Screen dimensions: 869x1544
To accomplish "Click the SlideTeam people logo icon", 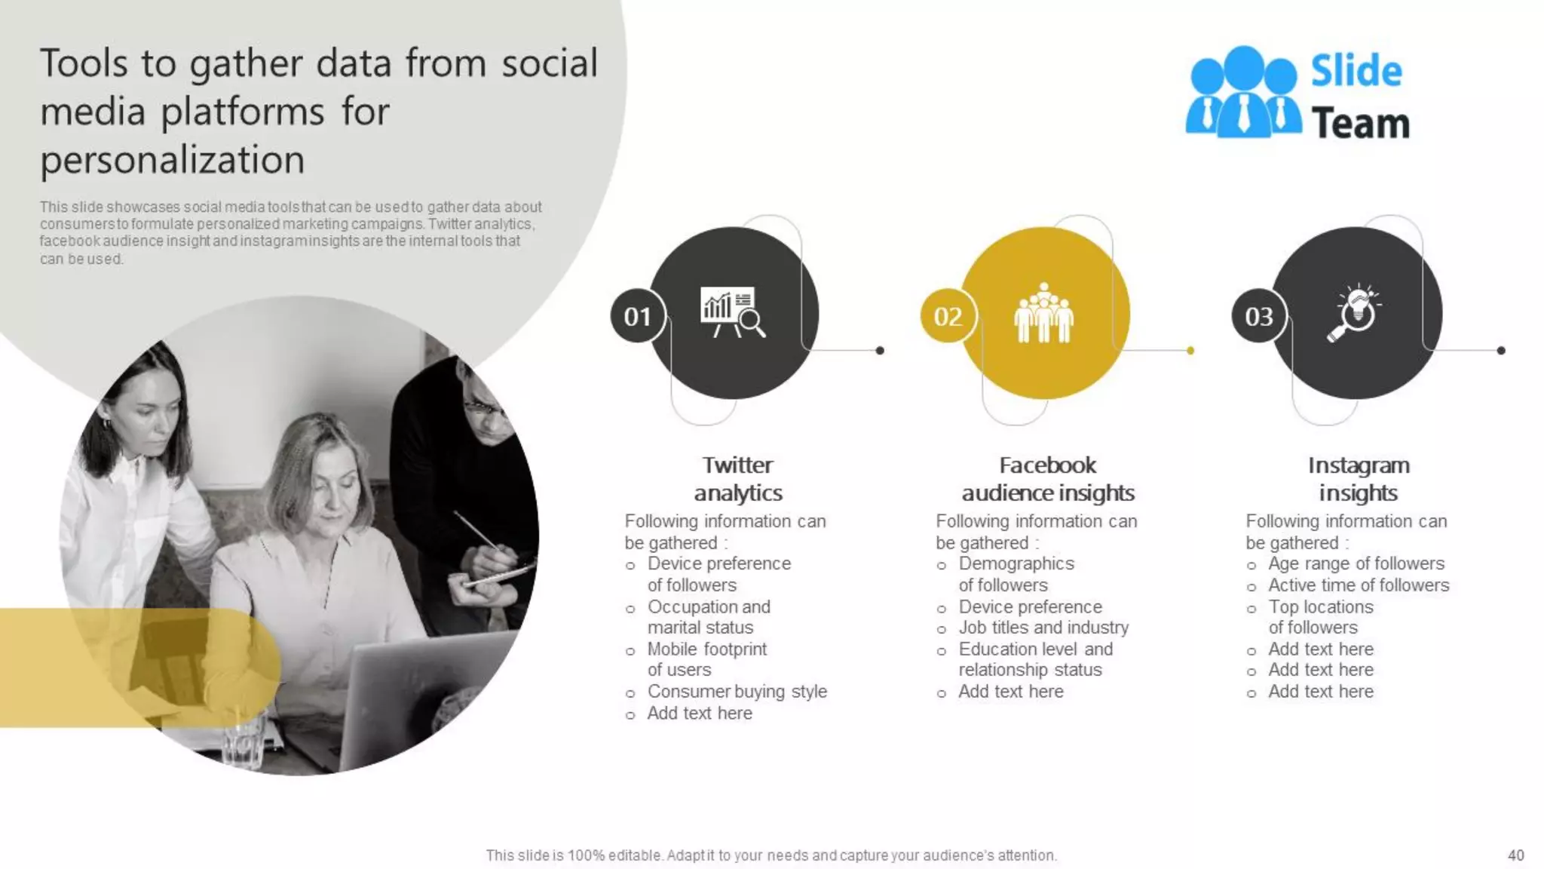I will tap(1242, 94).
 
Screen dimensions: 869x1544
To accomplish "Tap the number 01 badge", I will tap(637, 316).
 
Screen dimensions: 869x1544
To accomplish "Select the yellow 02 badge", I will tap(948, 316).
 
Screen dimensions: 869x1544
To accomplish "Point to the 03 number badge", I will tap(1258, 316).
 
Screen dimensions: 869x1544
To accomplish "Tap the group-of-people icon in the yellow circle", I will tap(1043, 313).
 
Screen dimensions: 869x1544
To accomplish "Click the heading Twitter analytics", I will tap(737, 479).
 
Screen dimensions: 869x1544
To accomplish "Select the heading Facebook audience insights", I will tap(1047, 479).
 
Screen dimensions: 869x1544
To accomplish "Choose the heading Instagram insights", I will tap(1359, 479).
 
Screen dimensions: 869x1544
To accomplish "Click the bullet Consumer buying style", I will tap(737, 692).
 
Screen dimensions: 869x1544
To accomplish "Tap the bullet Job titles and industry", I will tap(1043, 628).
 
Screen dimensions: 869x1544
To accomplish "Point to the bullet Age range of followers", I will tap(1356, 563).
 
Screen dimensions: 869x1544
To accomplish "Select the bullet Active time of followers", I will tap(1358, 585).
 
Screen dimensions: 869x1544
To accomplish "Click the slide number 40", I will tap(1515, 855).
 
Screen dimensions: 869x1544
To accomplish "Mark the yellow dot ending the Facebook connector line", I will tap(1190, 351).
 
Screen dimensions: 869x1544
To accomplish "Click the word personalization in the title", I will tap(173, 160).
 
